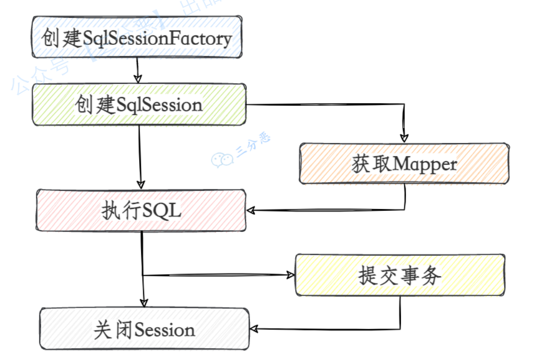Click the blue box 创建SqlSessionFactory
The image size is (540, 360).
pyautogui.click(x=137, y=38)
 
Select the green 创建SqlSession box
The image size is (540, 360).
pyautogui.click(x=139, y=105)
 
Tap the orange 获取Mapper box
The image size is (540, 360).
pyautogui.click(x=404, y=164)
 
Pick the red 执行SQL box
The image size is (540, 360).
pyautogui.click(x=141, y=210)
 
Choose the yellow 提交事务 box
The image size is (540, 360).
pyautogui.click(x=400, y=275)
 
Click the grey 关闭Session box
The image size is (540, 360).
pyautogui.click(x=144, y=330)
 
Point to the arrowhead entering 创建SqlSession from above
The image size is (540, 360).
pyautogui.click(x=138, y=78)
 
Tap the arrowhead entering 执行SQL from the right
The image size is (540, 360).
pyautogui.click(x=252, y=211)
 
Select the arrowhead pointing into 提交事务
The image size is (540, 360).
pyautogui.click(x=290, y=275)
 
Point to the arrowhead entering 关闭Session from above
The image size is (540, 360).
pyautogui.click(x=144, y=302)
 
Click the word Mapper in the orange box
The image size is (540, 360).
pyautogui.click(x=425, y=164)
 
